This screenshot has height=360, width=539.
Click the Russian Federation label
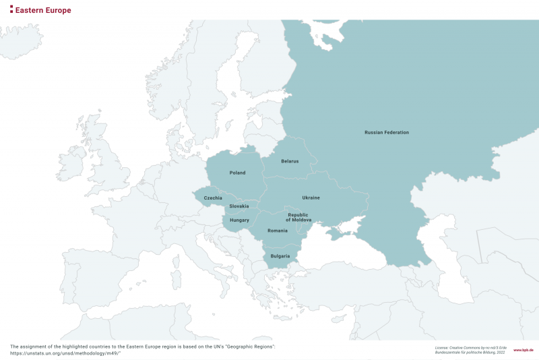click(x=386, y=132)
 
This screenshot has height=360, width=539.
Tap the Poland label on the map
click(x=237, y=173)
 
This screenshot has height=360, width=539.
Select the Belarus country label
click(x=290, y=161)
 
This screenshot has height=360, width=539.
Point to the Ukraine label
click(x=311, y=198)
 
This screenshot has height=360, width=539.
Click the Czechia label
click(x=213, y=198)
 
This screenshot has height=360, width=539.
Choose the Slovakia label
click(x=239, y=206)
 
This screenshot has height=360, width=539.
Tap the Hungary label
click(x=239, y=220)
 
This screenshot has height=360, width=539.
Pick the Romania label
click(x=277, y=231)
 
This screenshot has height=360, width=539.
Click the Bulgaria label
click(x=280, y=256)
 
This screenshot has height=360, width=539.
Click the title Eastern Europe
click(x=43, y=10)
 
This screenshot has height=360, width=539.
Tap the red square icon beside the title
click(x=11, y=10)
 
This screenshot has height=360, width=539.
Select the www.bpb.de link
click(x=523, y=351)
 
